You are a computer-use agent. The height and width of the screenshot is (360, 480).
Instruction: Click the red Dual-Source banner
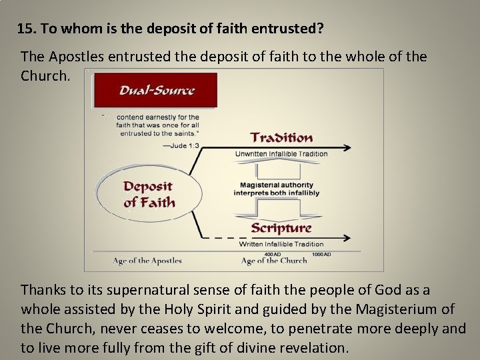tap(155, 91)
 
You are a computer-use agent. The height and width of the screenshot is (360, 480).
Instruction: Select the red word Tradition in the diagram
tap(281, 138)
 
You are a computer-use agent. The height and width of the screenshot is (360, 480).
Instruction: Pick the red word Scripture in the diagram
tap(281, 228)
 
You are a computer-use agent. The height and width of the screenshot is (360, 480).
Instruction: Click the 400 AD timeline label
tap(272, 254)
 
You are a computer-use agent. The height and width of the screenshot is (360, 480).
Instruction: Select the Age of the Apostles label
tap(147, 261)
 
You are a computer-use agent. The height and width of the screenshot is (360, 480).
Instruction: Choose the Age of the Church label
tap(273, 261)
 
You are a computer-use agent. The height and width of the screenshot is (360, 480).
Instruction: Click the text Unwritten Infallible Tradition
tap(281, 153)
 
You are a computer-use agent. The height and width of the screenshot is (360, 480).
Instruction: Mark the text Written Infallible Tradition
tap(281, 244)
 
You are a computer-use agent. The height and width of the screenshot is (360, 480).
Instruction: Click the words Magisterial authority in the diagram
tap(277, 185)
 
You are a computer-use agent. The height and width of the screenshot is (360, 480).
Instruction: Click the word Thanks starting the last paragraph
tap(41, 290)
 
